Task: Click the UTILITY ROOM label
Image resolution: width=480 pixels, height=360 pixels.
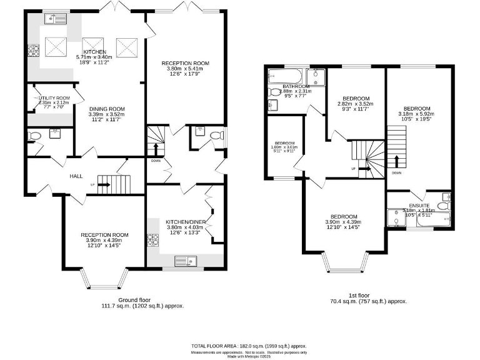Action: [x=54, y=98]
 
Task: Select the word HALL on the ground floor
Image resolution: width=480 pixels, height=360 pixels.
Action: [x=76, y=177]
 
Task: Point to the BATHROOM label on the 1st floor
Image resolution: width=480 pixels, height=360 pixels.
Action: [x=296, y=86]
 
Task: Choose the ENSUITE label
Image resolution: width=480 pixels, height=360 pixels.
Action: [x=419, y=205]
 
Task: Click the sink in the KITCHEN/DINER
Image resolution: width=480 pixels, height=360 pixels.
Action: [x=186, y=261]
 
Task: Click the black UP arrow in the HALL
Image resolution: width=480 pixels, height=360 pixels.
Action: [x=104, y=185]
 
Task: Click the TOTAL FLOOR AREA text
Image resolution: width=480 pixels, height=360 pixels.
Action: [x=248, y=346]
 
